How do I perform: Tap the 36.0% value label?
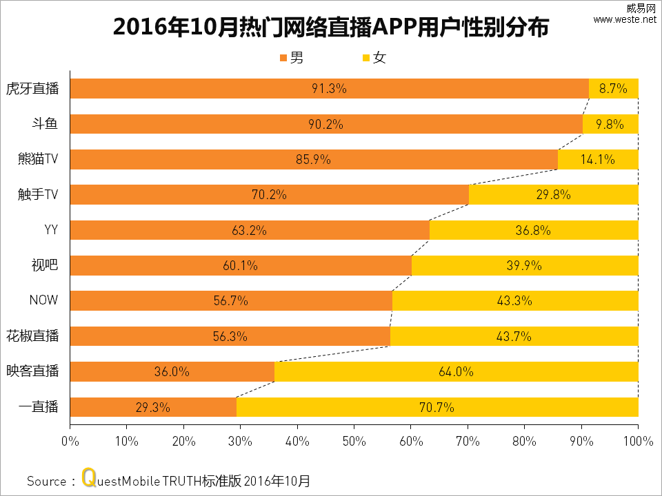point(172,372)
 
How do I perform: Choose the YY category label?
point(51,230)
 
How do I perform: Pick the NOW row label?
point(43,301)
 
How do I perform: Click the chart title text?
point(331,28)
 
